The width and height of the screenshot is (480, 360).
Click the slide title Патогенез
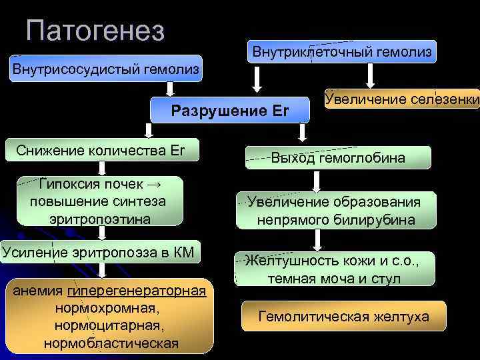click(x=96, y=31)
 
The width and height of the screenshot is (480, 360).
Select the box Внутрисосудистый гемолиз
click(x=105, y=69)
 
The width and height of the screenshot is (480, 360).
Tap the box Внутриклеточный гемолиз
click(x=341, y=51)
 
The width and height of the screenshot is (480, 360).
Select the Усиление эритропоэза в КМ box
click(x=99, y=251)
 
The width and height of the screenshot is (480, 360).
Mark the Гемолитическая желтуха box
click(x=343, y=316)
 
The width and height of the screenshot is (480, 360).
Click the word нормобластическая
click(x=111, y=343)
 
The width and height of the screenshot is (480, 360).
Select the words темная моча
click(x=303, y=278)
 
